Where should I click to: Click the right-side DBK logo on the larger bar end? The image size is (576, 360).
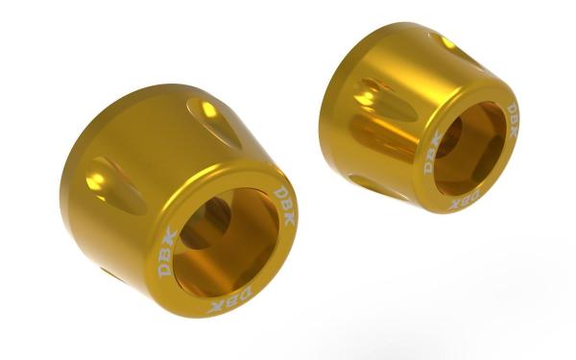pos(285,205)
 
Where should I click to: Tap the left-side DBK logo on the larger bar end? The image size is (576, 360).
pos(167,252)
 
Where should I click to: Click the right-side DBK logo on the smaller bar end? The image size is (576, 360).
pos(512,121)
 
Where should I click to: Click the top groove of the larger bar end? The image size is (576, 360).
pos(214,122)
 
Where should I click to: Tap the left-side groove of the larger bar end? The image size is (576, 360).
pos(116,185)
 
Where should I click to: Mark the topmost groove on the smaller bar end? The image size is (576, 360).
pos(455,51)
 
